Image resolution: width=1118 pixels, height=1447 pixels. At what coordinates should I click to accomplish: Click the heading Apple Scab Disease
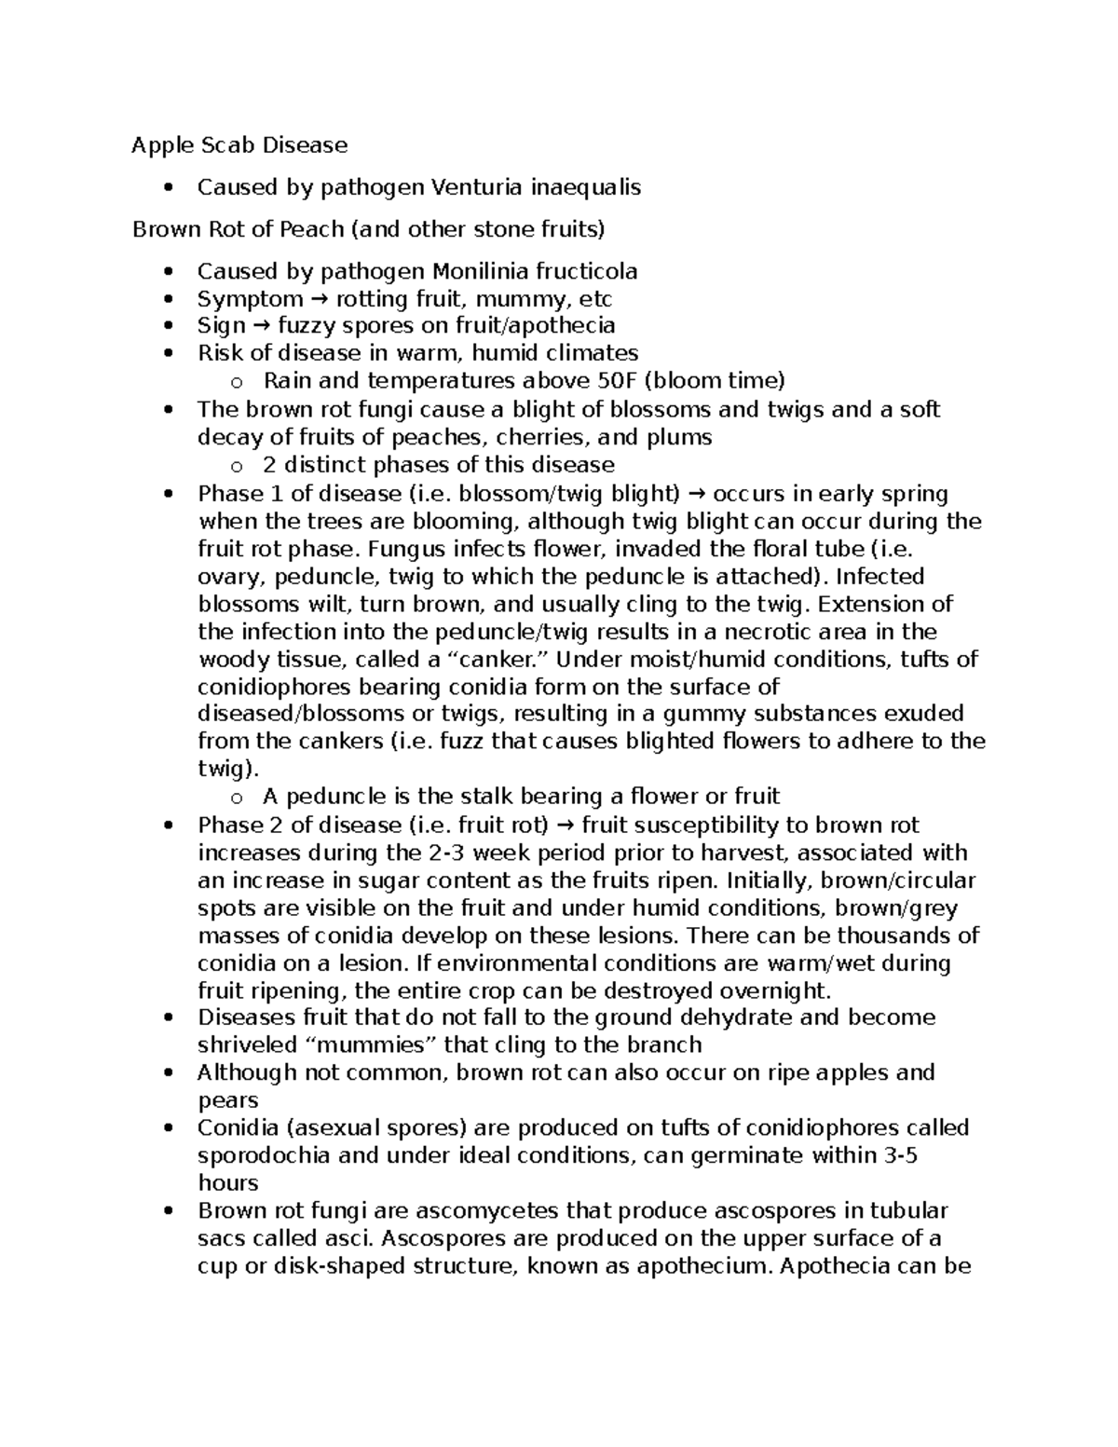click(x=239, y=144)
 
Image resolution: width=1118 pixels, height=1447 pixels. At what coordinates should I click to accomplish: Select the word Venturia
click(x=475, y=187)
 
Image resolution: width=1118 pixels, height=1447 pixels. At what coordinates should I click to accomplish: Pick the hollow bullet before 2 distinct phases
click(x=237, y=466)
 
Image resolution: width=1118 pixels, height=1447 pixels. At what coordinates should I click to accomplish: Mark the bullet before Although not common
click(x=168, y=1073)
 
